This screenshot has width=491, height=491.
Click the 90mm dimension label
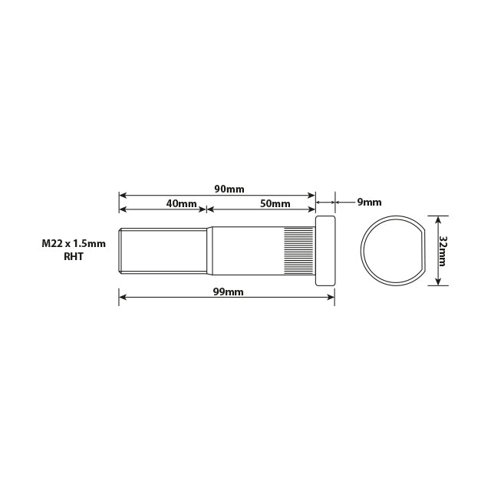click(229, 189)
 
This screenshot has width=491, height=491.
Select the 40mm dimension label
click(181, 203)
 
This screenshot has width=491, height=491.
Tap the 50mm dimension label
click(275, 203)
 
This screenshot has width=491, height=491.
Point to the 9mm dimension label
click(369, 203)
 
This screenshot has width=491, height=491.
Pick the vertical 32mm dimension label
click(443, 249)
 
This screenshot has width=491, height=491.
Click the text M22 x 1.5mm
click(74, 243)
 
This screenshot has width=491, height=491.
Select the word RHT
click(74, 257)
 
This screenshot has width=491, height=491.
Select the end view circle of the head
click(390, 250)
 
